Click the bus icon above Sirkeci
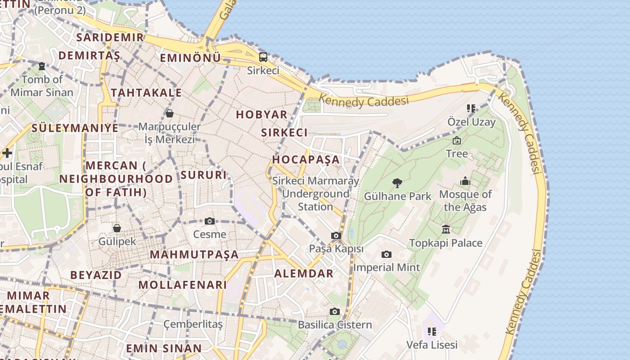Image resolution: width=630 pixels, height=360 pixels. [x=263, y=57]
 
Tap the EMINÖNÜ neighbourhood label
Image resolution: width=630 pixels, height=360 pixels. [x=190, y=58]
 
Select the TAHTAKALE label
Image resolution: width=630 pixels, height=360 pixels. [x=146, y=93]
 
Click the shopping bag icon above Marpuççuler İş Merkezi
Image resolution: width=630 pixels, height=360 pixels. [x=170, y=113]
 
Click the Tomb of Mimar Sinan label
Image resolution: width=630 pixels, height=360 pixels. [x=42, y=86]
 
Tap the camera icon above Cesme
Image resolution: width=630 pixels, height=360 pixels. [x=209, y=221]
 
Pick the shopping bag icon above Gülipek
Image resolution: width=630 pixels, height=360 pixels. [x=117, y=228]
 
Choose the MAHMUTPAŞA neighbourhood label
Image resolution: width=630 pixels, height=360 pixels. [x=194, y=255]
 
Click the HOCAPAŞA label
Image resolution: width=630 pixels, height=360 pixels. [x=306, y=160]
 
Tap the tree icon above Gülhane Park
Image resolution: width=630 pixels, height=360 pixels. [x=397, y=183]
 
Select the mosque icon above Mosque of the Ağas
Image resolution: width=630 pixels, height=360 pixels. [x=465, y=181]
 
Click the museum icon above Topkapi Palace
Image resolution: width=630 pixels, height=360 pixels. [x=445, y=229]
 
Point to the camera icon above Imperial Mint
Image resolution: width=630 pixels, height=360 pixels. [x=386, y=255]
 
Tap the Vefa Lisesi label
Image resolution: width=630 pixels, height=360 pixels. [x=432, y=345]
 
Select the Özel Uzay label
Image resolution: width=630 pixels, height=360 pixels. [x=471, y=122]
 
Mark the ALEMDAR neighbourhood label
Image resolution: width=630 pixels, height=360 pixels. [x=304, y=274]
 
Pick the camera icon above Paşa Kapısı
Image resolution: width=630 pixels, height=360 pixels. [x=336, y=235]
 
